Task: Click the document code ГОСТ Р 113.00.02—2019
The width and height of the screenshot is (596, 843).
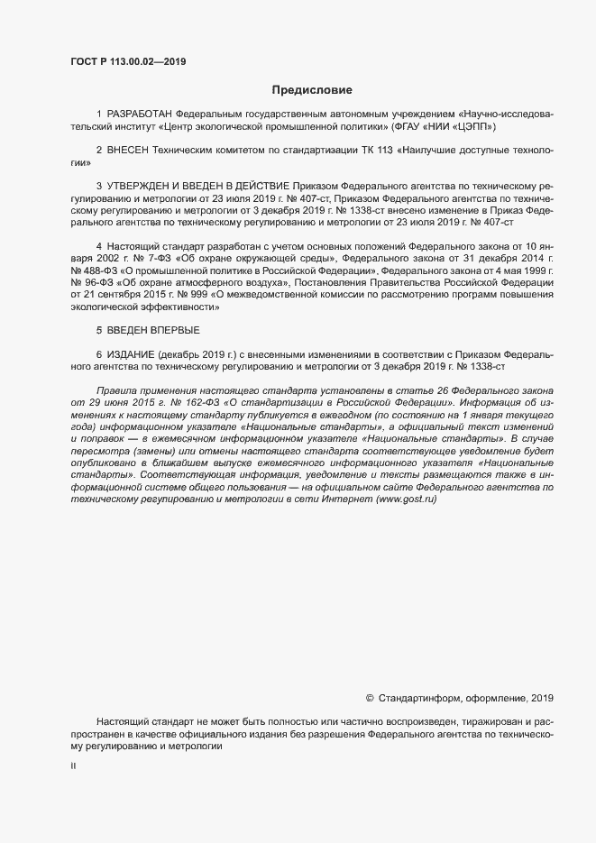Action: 128,61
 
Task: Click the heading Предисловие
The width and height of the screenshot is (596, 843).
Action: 313,90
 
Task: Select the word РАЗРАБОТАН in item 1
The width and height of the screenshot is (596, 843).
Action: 139,115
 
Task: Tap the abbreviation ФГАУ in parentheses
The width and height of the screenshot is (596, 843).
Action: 405,127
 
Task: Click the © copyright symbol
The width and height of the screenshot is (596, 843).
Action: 370,698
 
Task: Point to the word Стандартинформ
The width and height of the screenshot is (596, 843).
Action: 421,698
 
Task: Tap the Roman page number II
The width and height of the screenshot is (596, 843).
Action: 73,767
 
